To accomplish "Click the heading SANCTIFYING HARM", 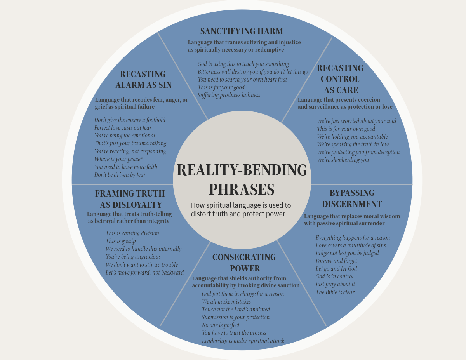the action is (x=242, y=31).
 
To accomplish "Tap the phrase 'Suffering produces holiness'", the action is (x=229, y=95).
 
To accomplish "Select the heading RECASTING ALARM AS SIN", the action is (x=143, y=79).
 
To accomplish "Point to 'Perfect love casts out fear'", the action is (x=123, y=128).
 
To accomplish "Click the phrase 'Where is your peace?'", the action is (x=118, y=159).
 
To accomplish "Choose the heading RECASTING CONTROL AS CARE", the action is (x=340, y=79).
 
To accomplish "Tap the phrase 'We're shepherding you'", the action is (x=343, y=160).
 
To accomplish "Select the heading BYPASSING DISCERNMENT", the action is (x=352, y=198).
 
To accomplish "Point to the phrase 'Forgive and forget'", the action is (x=336, y=261).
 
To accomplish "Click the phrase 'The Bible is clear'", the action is (x=335, y=292).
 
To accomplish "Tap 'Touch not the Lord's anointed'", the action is (x=236, y=310).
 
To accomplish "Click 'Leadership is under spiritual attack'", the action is (x=243, y=341).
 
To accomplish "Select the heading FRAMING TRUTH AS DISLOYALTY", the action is (x=130, y=199).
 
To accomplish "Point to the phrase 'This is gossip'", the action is (x=120, y=241).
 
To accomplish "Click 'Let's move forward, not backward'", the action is (x=144, y=273).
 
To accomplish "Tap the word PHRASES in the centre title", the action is (x=242, y=190).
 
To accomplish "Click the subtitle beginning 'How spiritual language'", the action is (x=241, y=209).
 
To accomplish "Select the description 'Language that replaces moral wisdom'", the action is (x=352, y=219).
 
